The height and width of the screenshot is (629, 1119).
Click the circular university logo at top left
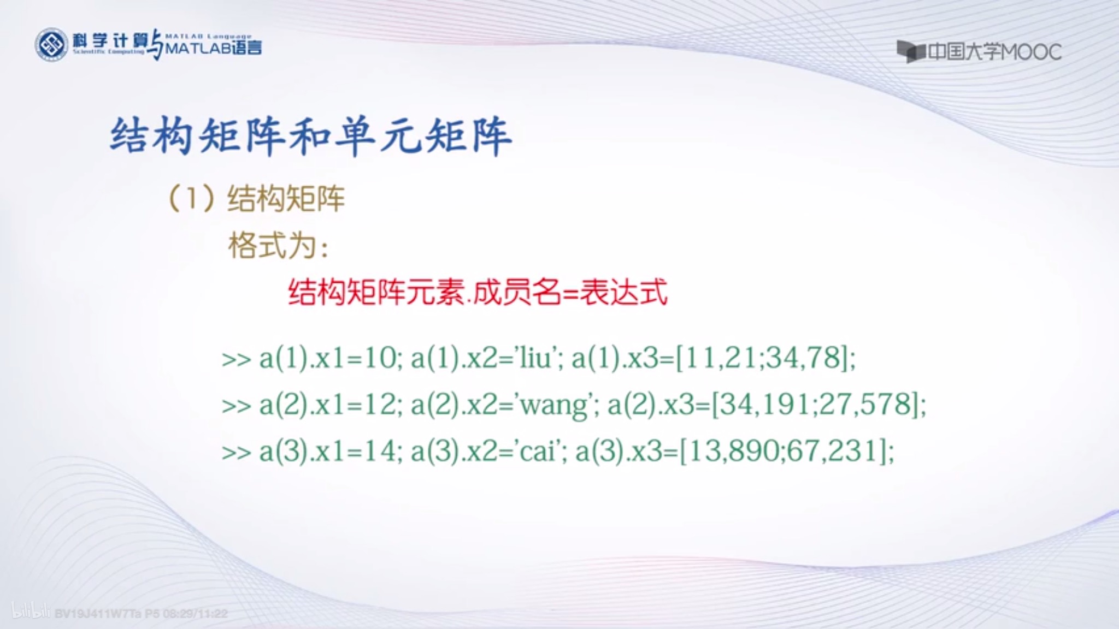click(51, 45)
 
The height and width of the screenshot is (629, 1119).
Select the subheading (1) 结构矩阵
click(257, 198)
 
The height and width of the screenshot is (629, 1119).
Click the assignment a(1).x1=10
click(328, 359)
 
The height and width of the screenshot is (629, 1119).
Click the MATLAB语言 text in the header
click(213, 48)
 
